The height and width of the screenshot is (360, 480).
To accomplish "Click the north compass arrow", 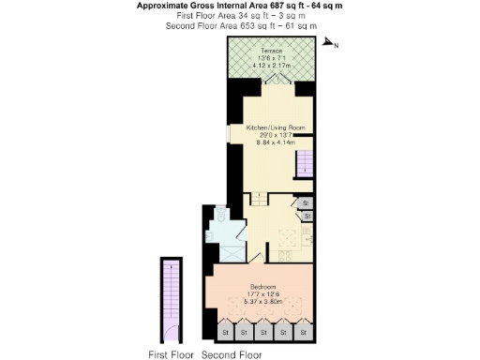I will [329, 43].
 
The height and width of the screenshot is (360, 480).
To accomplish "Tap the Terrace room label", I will [272, 50].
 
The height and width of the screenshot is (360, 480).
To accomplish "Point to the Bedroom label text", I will [262, 286].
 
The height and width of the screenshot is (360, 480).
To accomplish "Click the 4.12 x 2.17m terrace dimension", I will [272, 66].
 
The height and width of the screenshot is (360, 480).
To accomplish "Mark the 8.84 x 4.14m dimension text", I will [276, 143].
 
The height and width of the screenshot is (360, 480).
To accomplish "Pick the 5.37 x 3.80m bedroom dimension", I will [262, 302].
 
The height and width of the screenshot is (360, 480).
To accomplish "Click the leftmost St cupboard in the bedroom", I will [223, 332].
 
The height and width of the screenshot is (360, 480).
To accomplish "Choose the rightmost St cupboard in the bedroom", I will [303, 332].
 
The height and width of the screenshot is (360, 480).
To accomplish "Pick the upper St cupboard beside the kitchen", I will [306, 202].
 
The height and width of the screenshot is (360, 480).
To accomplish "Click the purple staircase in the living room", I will [306, 167].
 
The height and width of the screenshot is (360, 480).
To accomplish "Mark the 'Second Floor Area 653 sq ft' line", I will [216, 26].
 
